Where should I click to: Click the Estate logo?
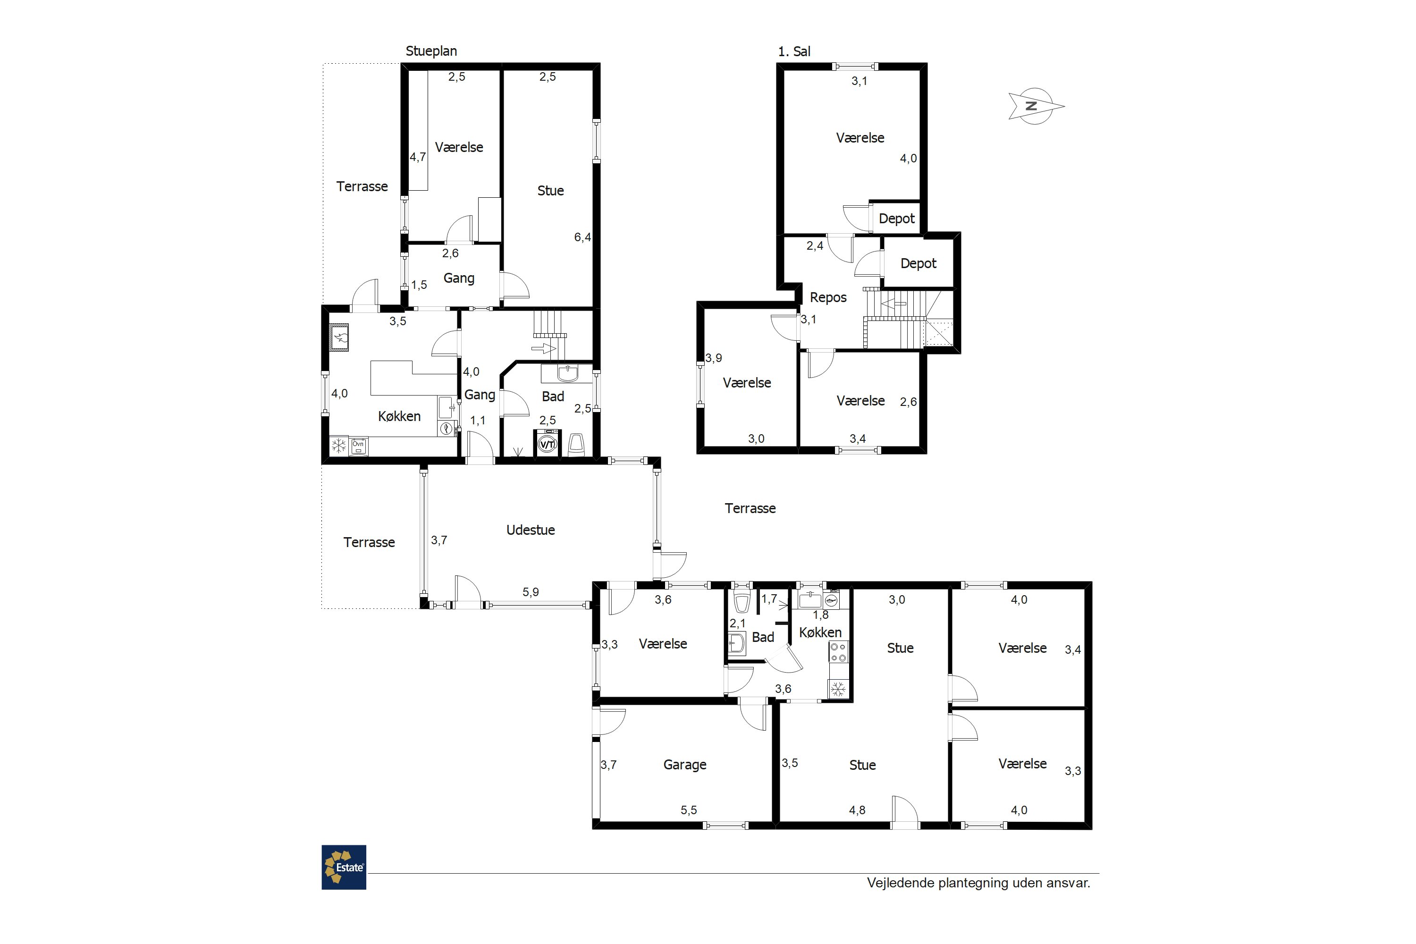point(344,867)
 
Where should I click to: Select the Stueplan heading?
point(431,51)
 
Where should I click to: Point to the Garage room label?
point(684,765)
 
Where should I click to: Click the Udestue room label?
point(531,530)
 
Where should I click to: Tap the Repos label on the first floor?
point(828,297)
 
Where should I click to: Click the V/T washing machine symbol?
point(547,444)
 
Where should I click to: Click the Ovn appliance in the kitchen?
point(358,446)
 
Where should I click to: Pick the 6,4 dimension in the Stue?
point(582,237)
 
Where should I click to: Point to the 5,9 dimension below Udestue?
point(531,592)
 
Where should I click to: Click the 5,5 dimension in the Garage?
point(689,810)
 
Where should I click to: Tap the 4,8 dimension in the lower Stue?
point(857,810)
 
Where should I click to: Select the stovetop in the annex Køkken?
point(839,652)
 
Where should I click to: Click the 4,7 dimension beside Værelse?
point(418,157)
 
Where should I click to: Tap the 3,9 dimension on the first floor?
point(713,358)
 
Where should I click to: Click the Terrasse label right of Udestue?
point(750,508)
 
